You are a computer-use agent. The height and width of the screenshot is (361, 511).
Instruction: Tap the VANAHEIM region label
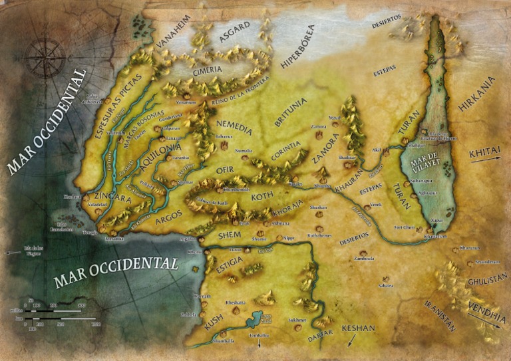[174, 31]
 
